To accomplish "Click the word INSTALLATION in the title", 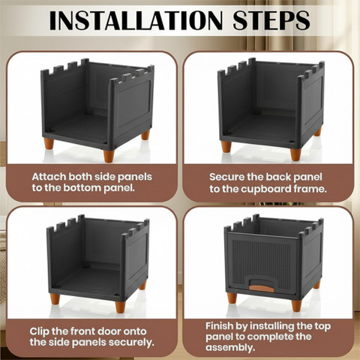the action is point(136,20).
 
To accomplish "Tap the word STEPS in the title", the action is point(271,20).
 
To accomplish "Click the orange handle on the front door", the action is point(262,288).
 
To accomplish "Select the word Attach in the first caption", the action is point(49,177).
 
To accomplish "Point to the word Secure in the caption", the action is point(226,177).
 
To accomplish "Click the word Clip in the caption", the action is point(39,331).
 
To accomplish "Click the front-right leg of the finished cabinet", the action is point(296,305).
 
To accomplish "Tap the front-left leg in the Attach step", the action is point(49,143).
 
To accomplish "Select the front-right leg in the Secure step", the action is point(295,154).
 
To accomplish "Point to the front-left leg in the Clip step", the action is point(55,298).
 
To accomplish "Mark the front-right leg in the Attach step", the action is point(109,156).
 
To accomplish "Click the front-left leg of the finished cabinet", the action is point(232,298).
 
